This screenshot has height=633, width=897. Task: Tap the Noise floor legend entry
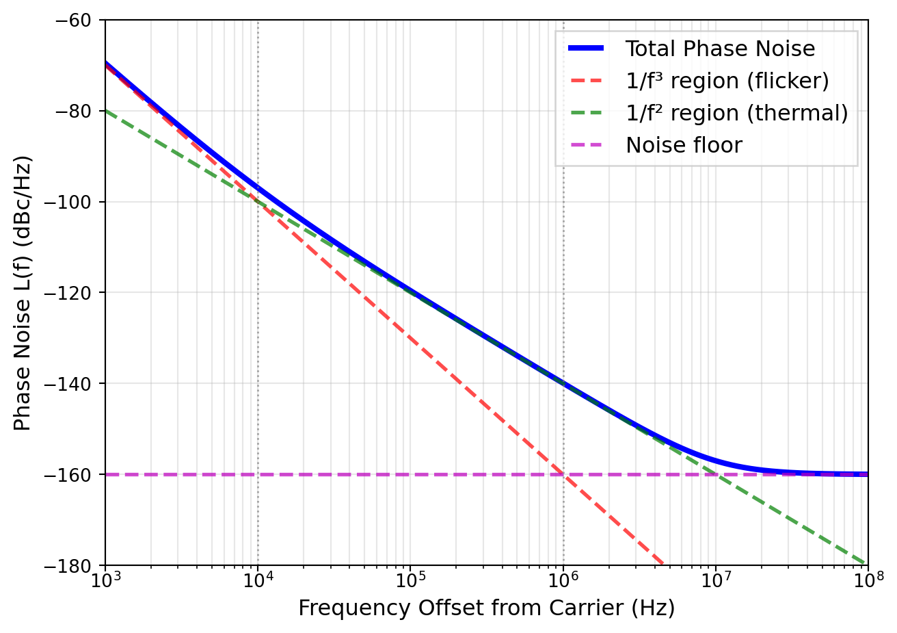(x=684, y=146)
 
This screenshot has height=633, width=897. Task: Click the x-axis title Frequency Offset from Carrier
(x=486, y=608)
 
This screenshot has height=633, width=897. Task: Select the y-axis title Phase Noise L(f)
(x=23, y=293)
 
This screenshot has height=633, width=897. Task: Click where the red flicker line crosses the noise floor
(x=563, y=474)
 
